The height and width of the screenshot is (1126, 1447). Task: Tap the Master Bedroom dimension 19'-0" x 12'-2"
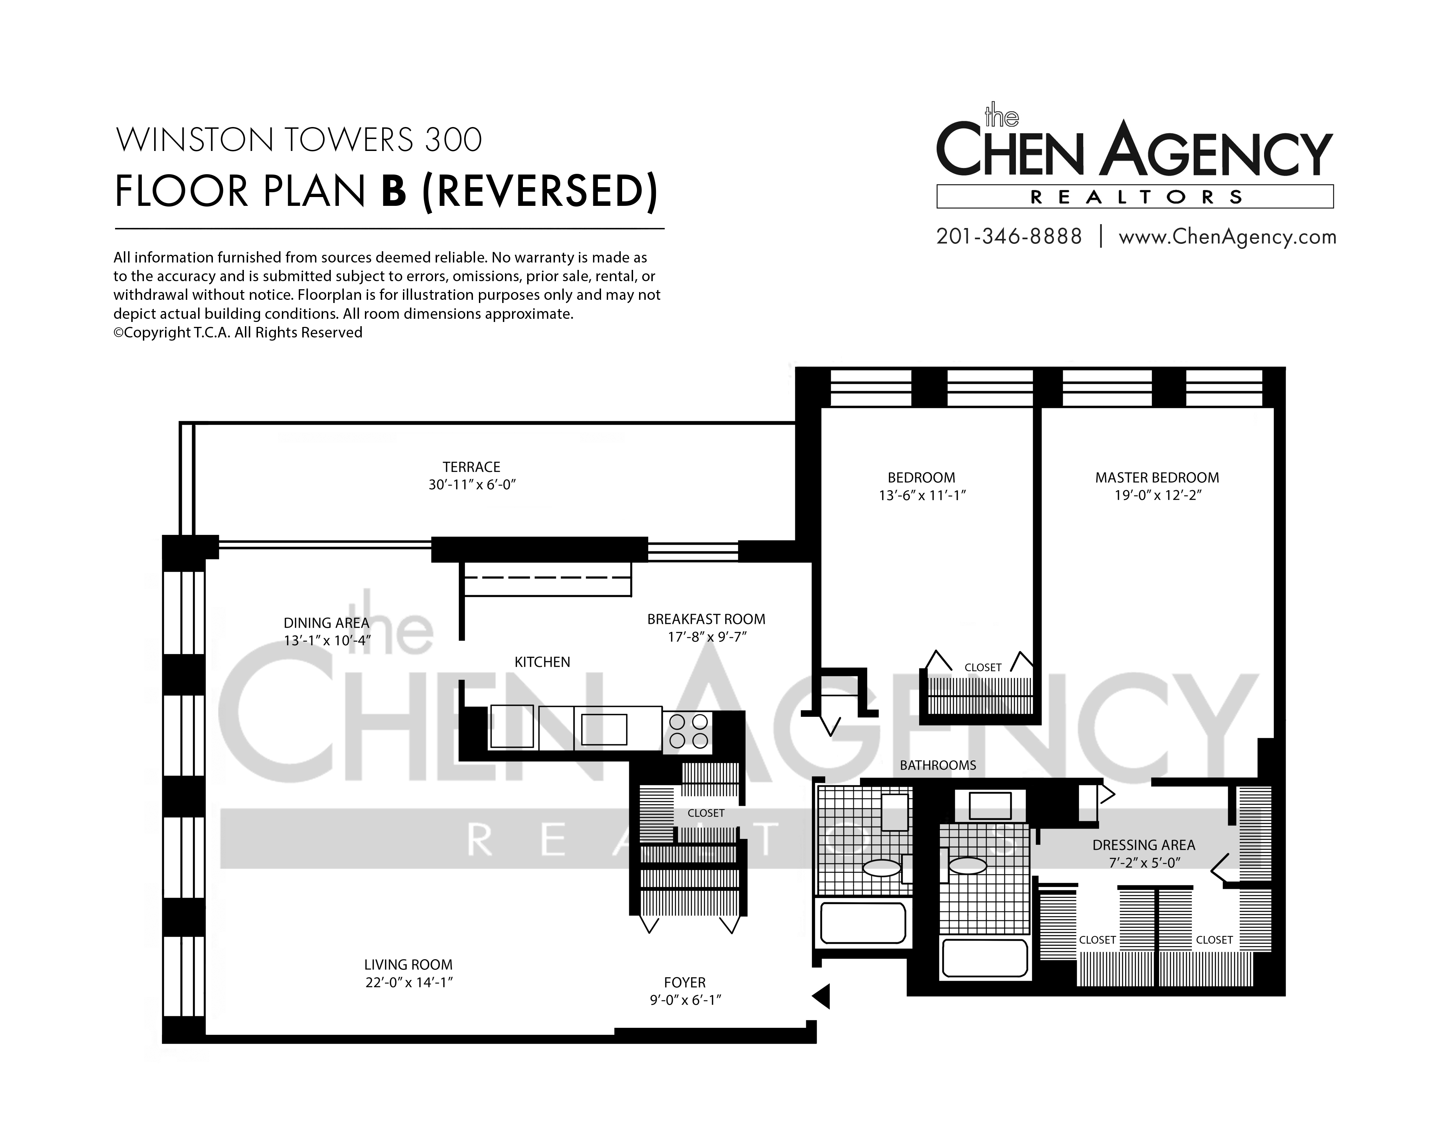tap(1157, 495)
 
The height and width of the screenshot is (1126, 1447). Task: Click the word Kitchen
tap(542, 662)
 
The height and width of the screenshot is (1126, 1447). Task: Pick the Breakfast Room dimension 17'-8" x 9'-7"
tap(707, 637)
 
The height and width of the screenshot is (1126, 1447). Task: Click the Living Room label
tap(408, 965)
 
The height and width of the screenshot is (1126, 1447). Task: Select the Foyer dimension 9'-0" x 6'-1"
tap(685, 1000)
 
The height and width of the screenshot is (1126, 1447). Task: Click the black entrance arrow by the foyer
tap(822, 996)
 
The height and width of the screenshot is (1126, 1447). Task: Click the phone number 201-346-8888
tap(1009, 236)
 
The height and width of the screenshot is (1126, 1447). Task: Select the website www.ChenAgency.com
tap(1227, 237)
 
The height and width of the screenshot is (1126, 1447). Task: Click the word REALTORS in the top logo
tap(1136, 197)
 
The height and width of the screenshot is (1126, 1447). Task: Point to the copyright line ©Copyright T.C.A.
tap(238, 333)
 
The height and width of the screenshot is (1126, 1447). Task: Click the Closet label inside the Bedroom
tap(982, 668)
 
